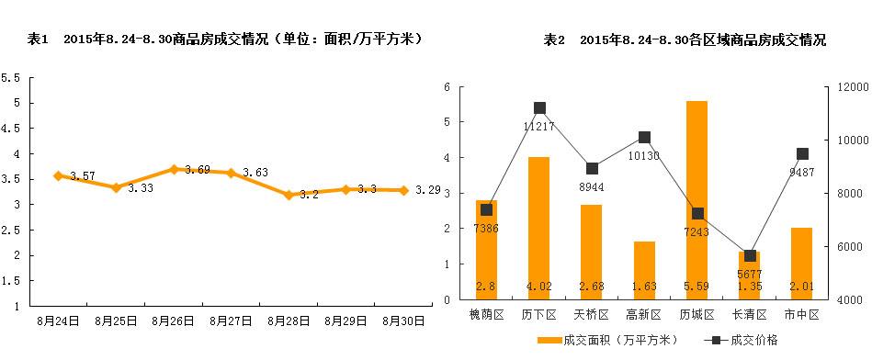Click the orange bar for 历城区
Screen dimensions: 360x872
(x=696, y=200)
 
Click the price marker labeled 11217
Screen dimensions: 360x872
(x=539, y=108)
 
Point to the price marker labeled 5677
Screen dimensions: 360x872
(x=750, y=255)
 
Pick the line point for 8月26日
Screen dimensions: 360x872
(x=173, y=169)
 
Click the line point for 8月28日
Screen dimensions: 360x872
(x=289, y=195)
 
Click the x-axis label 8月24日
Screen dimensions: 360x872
(x=57, y=321)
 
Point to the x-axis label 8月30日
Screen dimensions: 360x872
(x=403, y=321)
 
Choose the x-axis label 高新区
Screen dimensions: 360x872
(x=644, y=315)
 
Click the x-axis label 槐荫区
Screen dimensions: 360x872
(x=487, y=315)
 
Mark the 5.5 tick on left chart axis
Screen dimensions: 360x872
(x=11, y=78)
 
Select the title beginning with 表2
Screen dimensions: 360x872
(x=685, y=40)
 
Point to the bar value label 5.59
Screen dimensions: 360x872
(x=696, y=288)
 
